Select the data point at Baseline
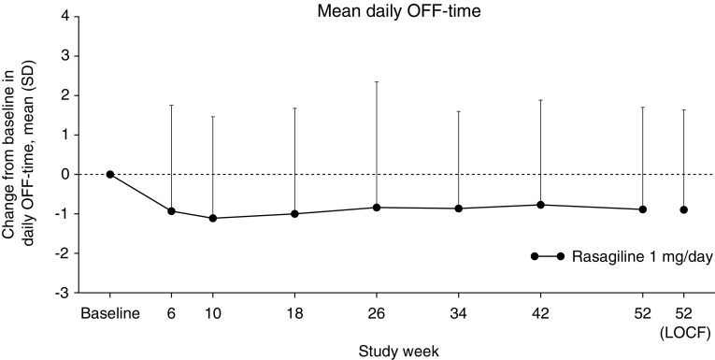(x=110, y=174)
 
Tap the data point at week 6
(x=171, y=211)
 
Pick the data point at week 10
(x=212, y=218)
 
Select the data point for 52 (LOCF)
(x=684, y=209)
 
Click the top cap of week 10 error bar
(x=212, y=116)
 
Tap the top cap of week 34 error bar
(x=459, y=111)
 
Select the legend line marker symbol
(x=548, y=256)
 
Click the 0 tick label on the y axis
(x=64, y=174)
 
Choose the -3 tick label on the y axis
(x=61, y=293)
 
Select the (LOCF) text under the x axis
(x=684, y=332)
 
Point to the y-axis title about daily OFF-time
(x=27, y=154)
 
